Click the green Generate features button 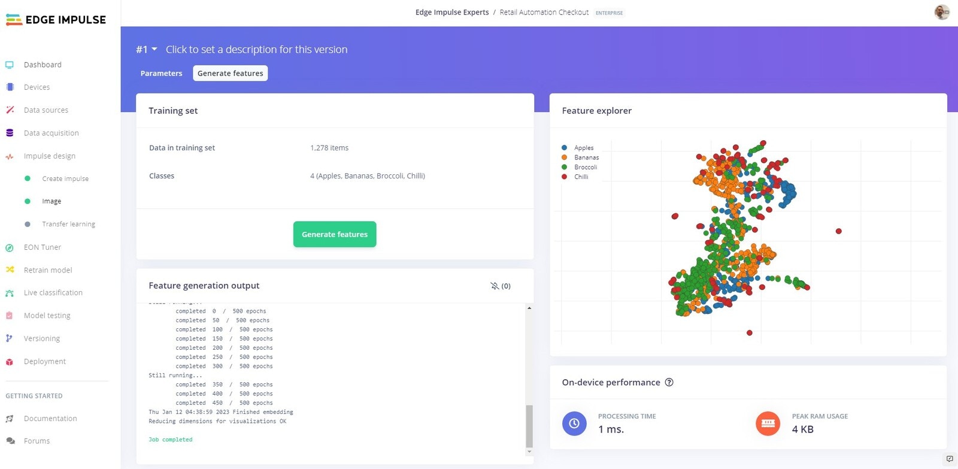tap(335, 234)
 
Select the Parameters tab tap(161, 73)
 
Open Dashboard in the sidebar tap(43, 65)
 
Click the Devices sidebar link tap(37, 87)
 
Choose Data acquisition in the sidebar tap(51, 133)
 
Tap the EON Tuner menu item tap(42, 247)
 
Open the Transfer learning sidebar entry tap(68, 224)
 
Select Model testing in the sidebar tap(47, 316)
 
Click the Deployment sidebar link tap(45, 362)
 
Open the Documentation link tap(50, 419)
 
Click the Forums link tap(37, 441)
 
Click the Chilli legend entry tap(581, 177)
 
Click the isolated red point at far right tap(839, 231)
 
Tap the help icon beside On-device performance tap(669, 382)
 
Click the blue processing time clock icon tap(574, 423)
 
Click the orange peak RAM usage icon tap(768, 423)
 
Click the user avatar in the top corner tap(942, 12)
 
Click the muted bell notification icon tap(495, 286)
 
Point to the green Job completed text tap(171, 440)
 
